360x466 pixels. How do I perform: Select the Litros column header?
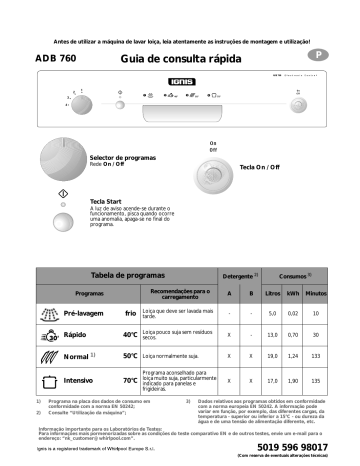click(271, 293)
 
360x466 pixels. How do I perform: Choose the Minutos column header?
click(314, 293)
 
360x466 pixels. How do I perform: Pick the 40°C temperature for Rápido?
click(129, 335)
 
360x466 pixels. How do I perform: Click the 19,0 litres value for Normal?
click(271, 356)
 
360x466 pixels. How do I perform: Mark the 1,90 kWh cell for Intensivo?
click(292, 381)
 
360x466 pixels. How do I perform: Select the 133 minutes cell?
click(314, 356)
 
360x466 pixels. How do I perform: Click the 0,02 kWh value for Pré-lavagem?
click(292, 314)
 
